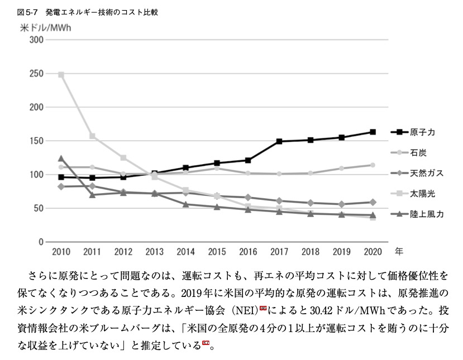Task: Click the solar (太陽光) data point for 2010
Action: [61, 74]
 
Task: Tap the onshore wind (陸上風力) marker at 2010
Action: [61, 159]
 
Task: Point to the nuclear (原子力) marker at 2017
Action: [278, 141]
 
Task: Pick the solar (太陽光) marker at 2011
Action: [92, 136]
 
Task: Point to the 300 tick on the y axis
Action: [36, 40]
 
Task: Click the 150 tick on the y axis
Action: [36, 141]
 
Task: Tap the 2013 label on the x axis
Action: [154, 252]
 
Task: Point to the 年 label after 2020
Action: [399, 251]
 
